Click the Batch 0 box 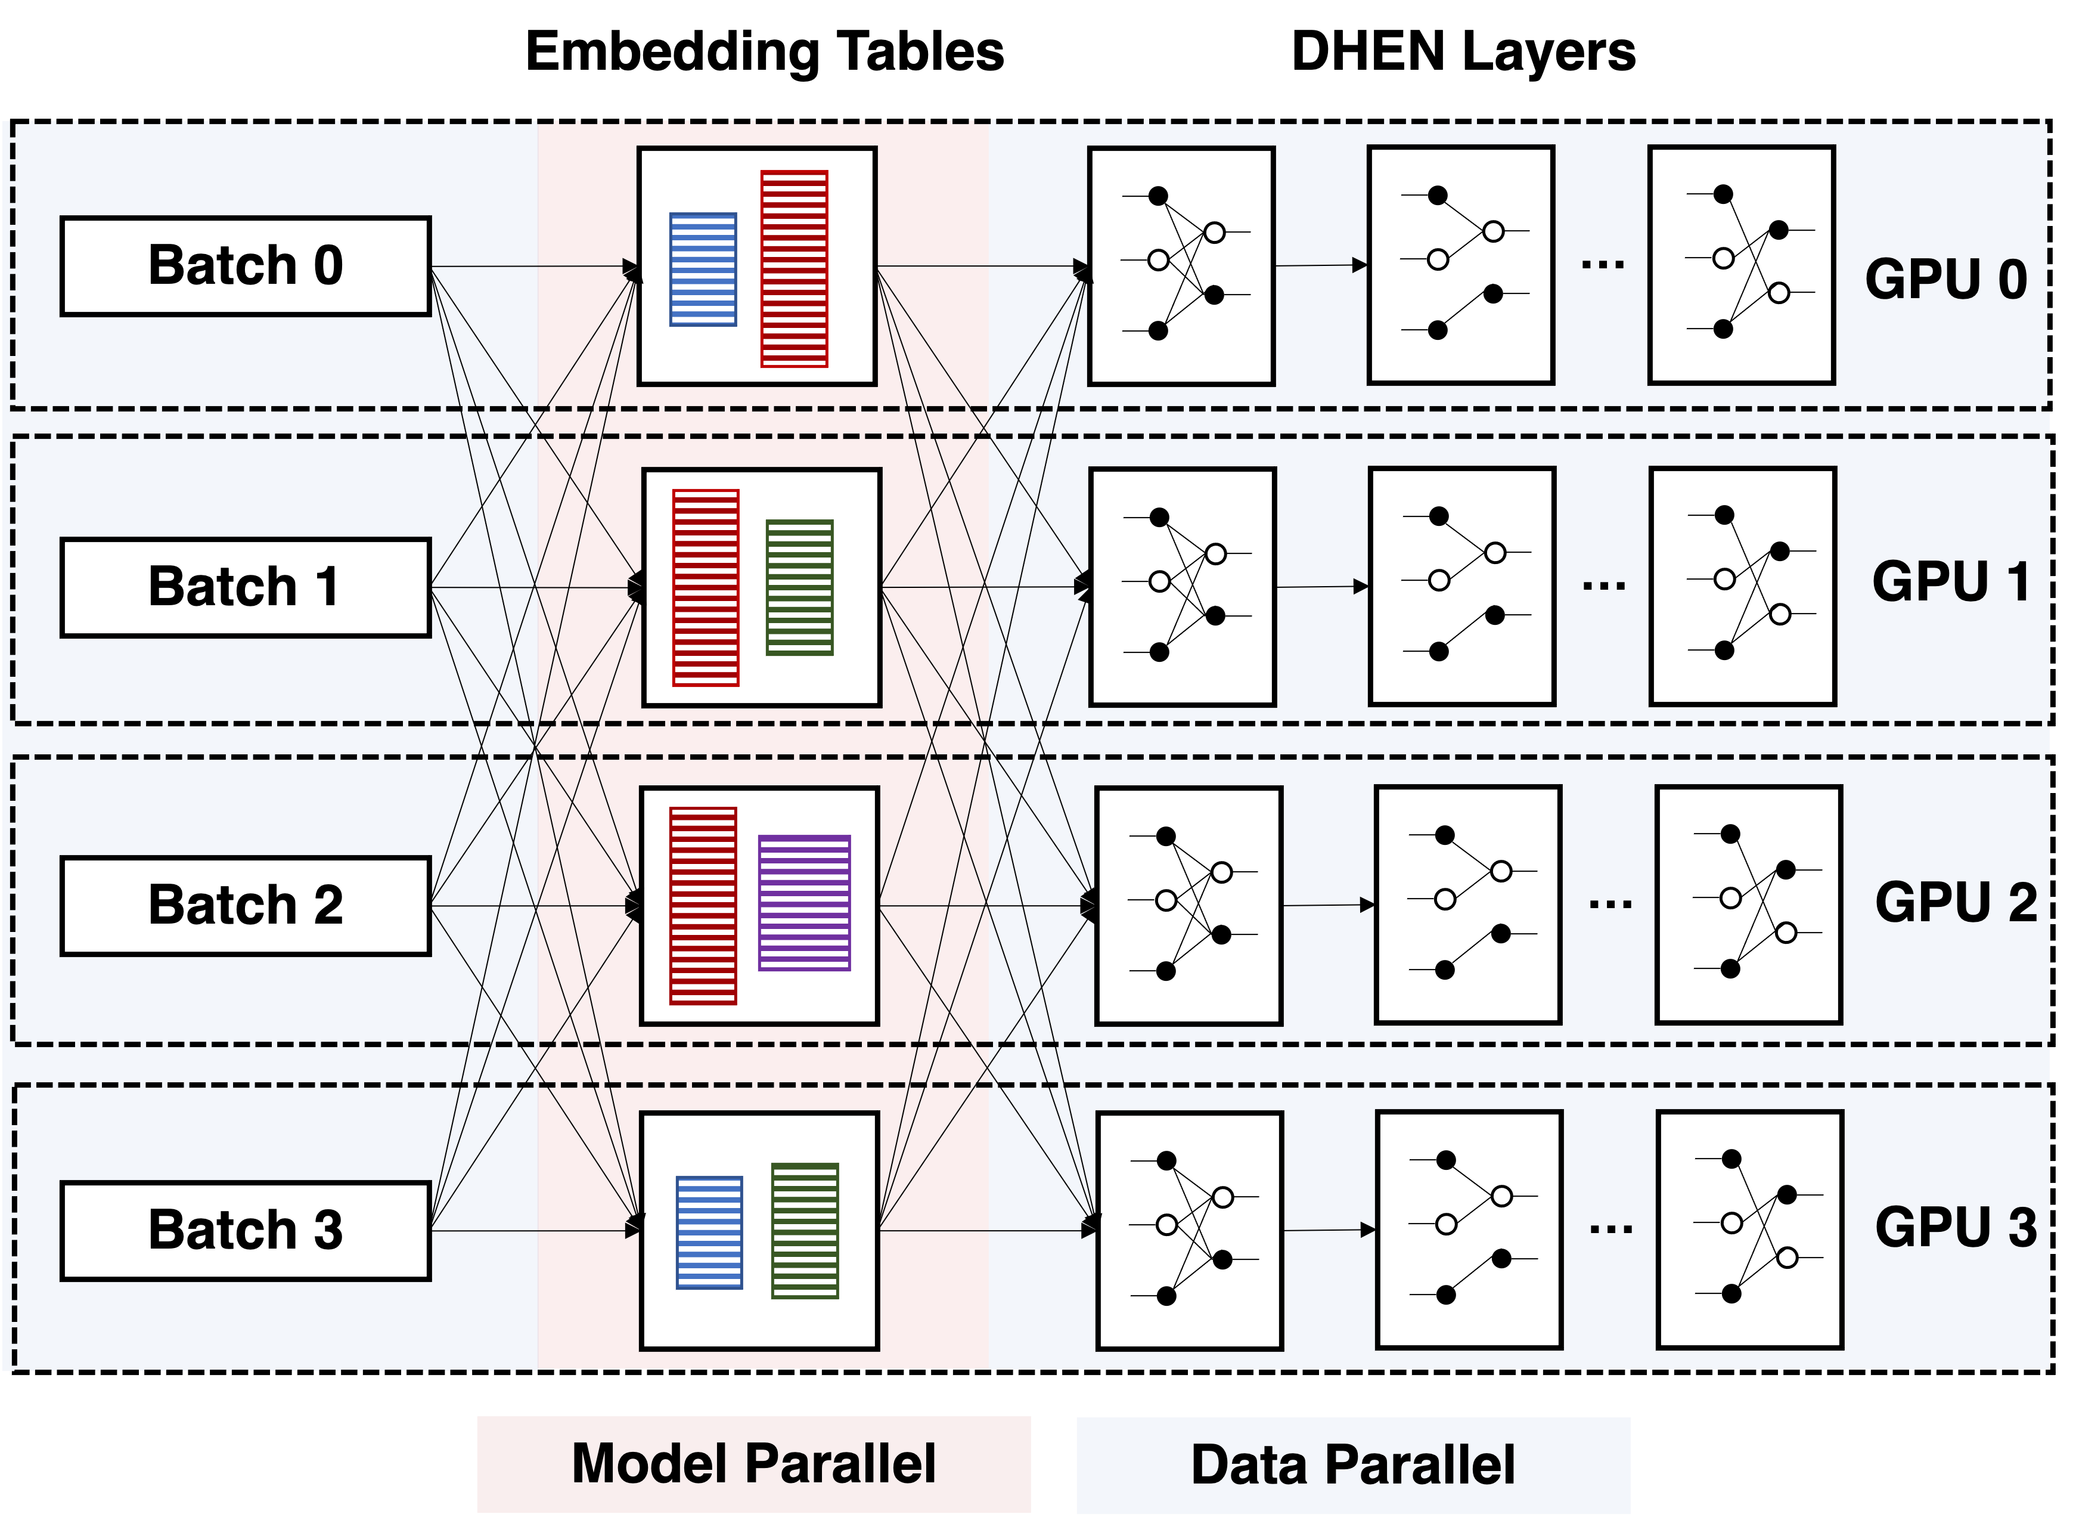[245, 267]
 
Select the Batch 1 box [245, 587]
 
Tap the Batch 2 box [245, 906]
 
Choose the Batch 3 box [245, 1231]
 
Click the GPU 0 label [1945, 278]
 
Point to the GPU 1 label [1950, 582]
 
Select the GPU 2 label [1956, 902]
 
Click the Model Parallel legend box [753, 1464]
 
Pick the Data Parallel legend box [1352, 1465]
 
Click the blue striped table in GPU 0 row [703, 269]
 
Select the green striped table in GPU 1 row [800, 587]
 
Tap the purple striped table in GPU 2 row [804, 903]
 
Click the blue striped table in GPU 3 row [710, 1232]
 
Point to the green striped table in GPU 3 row [805, 1231]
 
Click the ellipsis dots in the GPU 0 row [1602, 265]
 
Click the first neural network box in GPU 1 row [1183, 587]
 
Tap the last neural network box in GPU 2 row [1749, 905]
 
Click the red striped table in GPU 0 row [794, 269]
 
